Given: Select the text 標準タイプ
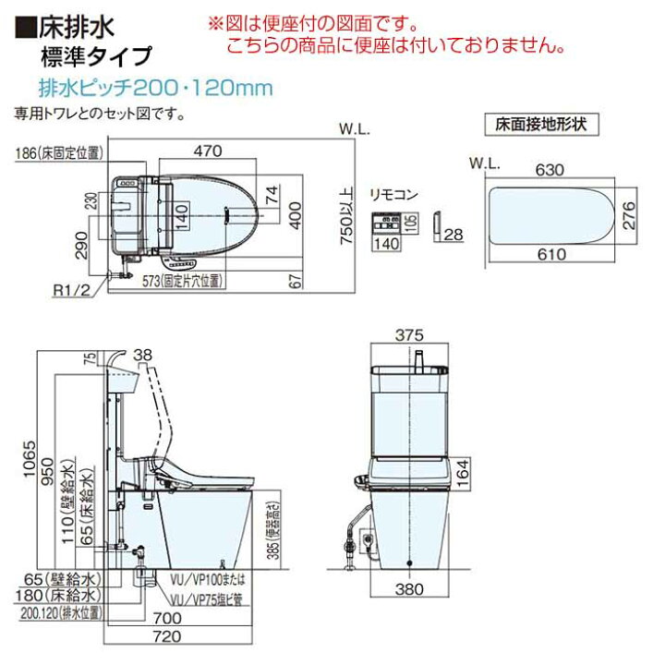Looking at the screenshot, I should tap(96, 54).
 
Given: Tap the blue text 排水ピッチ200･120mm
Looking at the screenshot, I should tap(142, 89).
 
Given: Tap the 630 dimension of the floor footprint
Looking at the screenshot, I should tap(554, 171).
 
